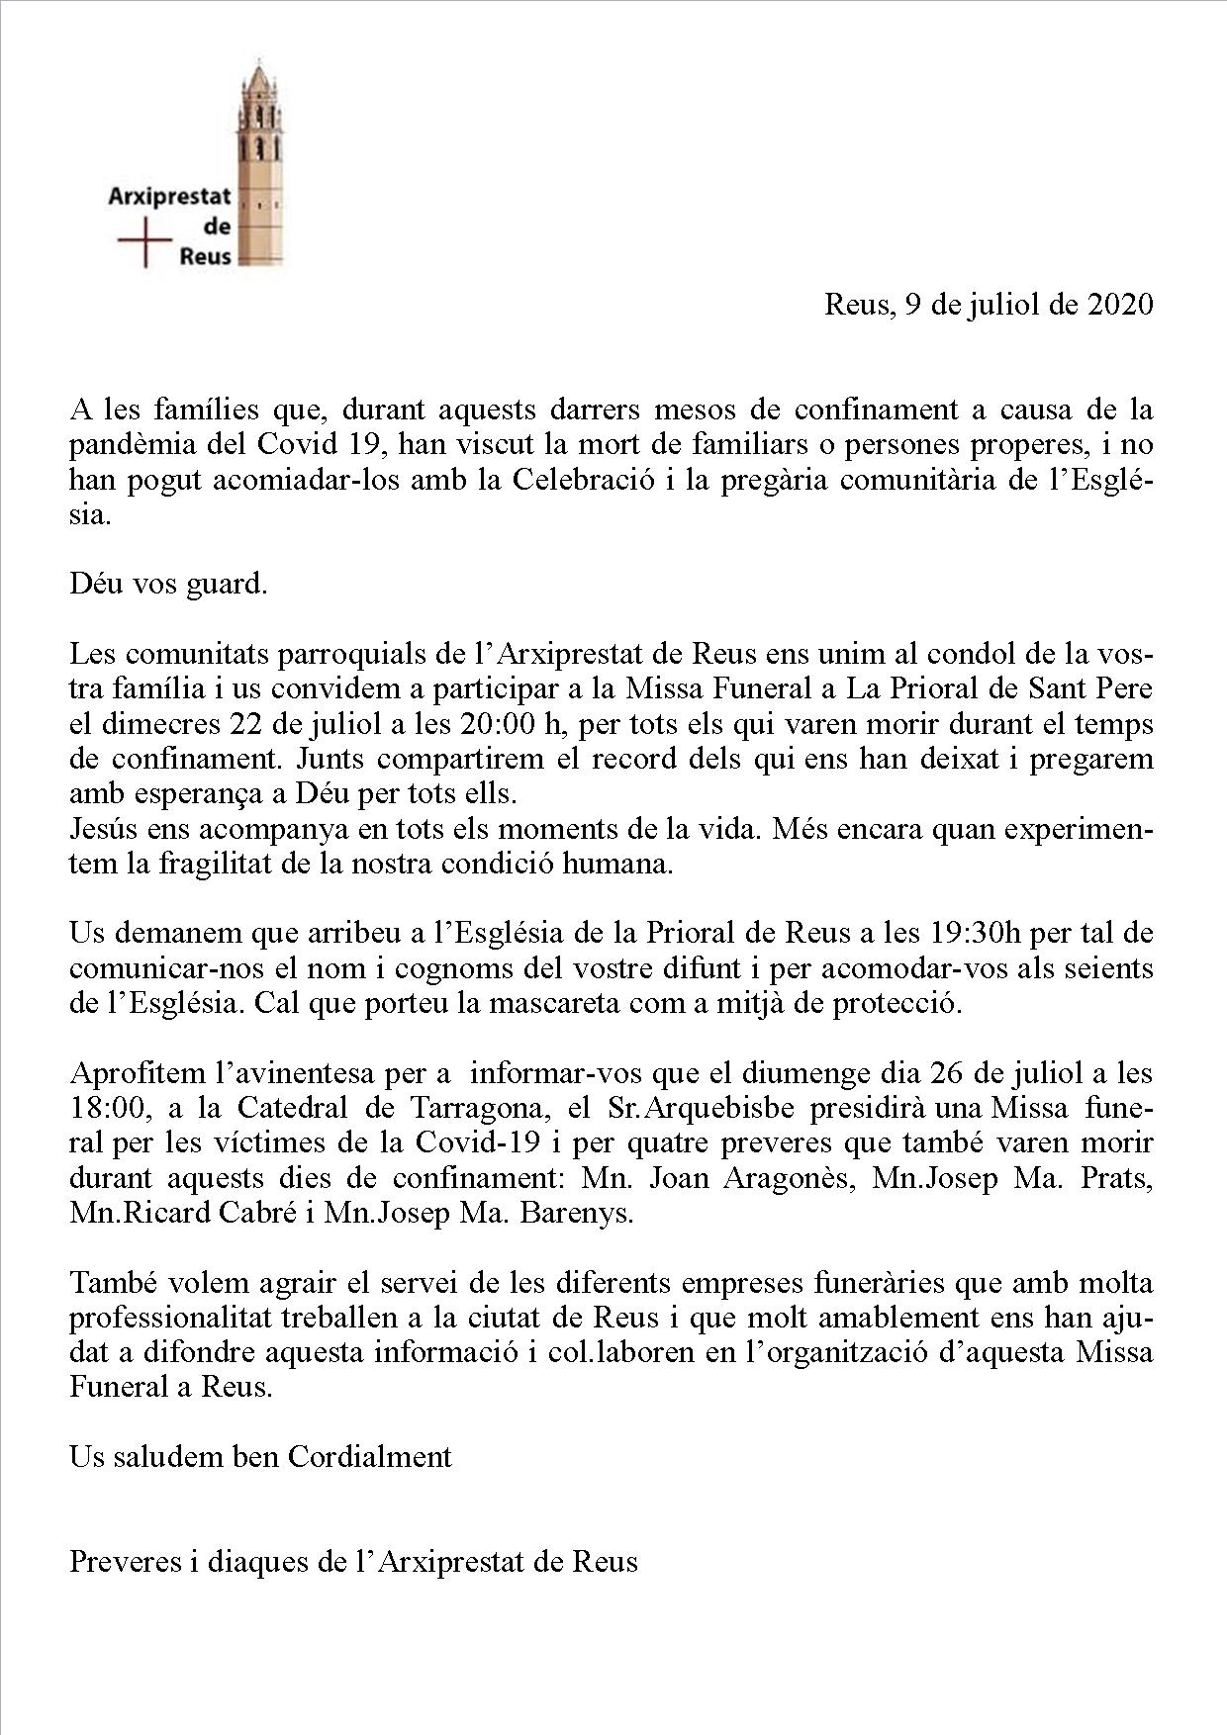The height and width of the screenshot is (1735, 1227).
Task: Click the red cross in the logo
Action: click(x=144, y=241)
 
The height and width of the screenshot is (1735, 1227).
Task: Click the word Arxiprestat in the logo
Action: click(x=169, y=197)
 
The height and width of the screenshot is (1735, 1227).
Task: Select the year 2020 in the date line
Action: click(x=1120, y=304)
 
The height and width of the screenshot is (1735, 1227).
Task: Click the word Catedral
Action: click(x=289, y=1108)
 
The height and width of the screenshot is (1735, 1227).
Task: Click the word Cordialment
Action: click(x=370, y=1456)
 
